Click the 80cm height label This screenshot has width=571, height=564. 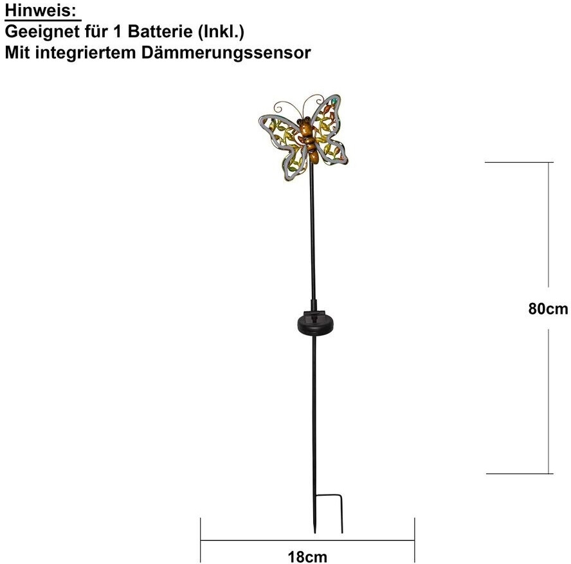click(x=548, y=309)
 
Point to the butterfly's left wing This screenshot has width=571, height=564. click(x=282, y=141)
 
